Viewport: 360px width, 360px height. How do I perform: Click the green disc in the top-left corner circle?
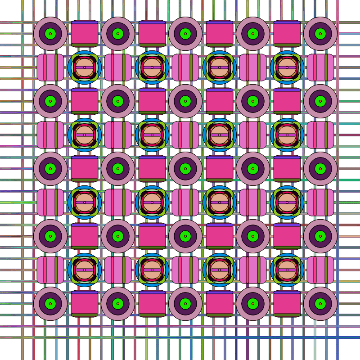coord(50,34)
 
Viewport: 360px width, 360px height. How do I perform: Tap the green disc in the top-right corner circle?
coord(320,34)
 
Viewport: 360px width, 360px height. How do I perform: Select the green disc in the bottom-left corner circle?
coord(50,304)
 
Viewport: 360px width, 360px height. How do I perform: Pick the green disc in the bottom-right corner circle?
coord(320,304)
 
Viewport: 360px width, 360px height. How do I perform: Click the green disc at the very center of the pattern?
coord(185,169)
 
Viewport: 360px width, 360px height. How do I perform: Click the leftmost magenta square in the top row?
coord(85,34)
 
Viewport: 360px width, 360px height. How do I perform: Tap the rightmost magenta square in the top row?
coord(287,34)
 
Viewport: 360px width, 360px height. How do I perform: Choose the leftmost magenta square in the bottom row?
coord(85,304)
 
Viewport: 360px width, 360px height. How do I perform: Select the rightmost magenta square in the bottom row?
coord(287,304)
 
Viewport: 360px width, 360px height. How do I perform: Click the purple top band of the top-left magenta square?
coord(85,22)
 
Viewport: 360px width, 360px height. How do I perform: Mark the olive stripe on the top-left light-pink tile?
coord(56,67)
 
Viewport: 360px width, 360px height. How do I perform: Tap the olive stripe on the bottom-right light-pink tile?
coord(326,270)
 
